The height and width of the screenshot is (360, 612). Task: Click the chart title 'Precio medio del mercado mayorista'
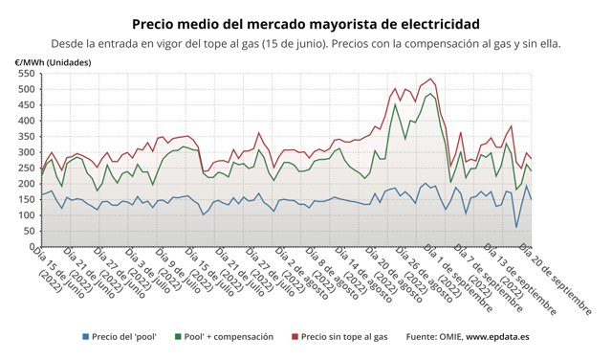click(x=305, y=22)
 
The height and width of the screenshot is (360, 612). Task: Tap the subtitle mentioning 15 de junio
click(x=305, y=43)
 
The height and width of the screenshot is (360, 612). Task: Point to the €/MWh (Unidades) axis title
click(x=55, y=61)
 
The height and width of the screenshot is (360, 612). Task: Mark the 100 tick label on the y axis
click(x=26, y=214)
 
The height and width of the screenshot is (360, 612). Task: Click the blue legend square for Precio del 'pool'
click(x=85, y=336)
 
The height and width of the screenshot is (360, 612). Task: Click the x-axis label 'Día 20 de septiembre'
click(x=557, y=278)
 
